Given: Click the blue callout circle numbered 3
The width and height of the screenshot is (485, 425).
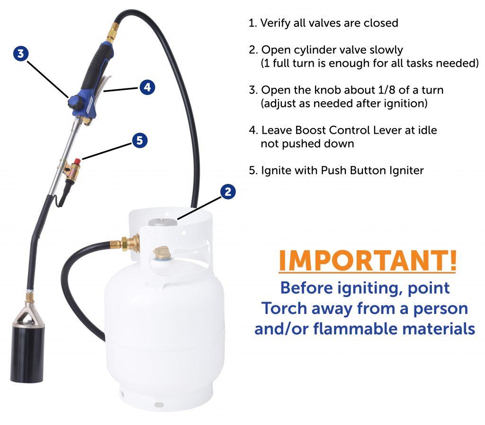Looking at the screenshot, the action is (21, 54).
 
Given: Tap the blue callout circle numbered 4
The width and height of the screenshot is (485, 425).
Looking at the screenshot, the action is (147, 87).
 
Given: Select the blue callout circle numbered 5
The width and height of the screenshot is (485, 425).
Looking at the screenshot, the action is (140, 140).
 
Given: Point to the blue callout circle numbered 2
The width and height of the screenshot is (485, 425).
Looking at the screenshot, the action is (228, 191).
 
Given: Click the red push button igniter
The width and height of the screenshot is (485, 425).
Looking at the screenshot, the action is (77, 161).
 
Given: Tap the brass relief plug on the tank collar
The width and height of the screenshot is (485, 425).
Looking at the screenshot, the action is (161, 252).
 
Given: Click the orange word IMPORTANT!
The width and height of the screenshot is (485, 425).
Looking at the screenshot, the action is (368, 260).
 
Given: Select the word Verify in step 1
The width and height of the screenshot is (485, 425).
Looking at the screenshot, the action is (275, 23).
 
